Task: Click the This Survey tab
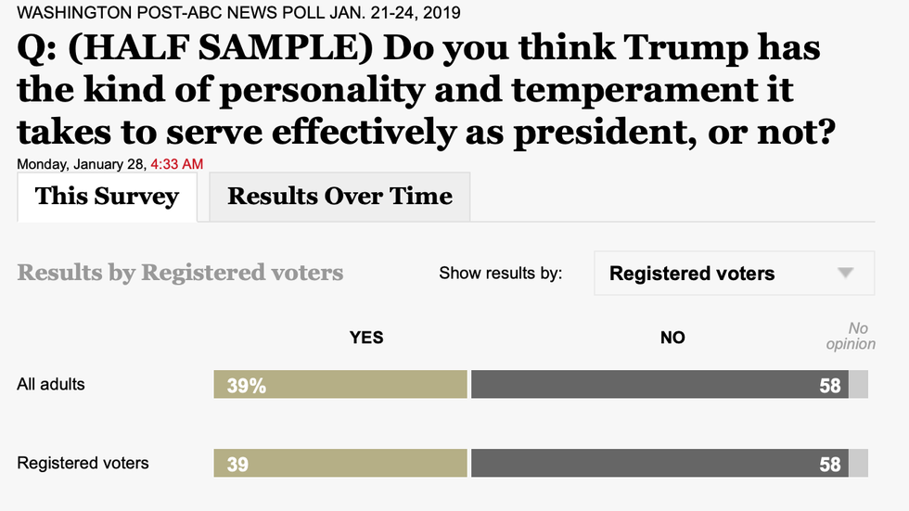(x=107, y=197)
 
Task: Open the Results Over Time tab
(x=339, y=197)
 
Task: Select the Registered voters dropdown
(x=733, y=274)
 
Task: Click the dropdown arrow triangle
(x=844, y=274)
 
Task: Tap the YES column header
(x=366, y=338)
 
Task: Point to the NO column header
(x=672, y=338)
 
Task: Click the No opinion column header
(x=850, y=336)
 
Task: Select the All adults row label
(x=51, y=384)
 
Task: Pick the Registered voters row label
(x=83, y=463)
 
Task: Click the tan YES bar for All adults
(x=339, y=385)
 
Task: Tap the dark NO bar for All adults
(x=659, y=385)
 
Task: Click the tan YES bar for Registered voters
(x=339, y=464)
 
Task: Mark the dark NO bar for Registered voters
(x=659, y=464)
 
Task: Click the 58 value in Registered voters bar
(x=829, y=465)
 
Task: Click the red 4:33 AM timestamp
(x=177, y=164)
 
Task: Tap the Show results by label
(x=500, y=274)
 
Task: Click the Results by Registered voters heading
(x=180, y=273)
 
